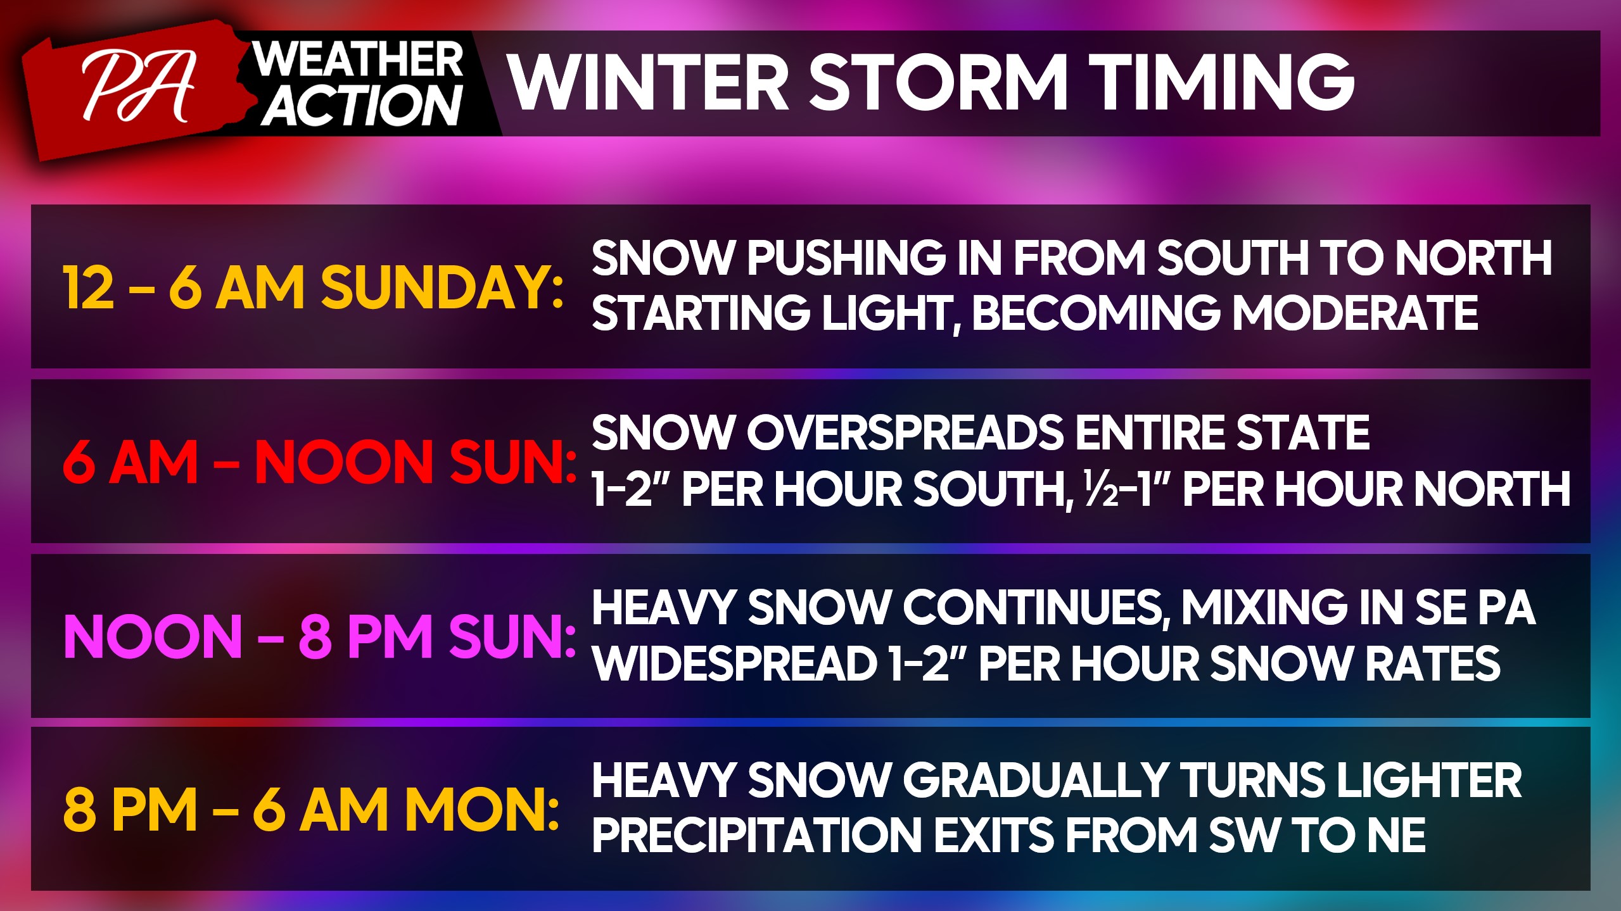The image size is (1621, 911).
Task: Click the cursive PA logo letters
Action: (x=138, y=86)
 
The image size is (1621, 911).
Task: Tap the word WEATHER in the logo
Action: (x=358, y=60)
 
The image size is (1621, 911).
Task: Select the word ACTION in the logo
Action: (x=362, y=105)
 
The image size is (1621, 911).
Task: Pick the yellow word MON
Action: (x=481, y=810)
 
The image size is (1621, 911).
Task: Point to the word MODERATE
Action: (x=1355, y=313)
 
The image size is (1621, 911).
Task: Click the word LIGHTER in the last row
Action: (x=1429, y=780)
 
